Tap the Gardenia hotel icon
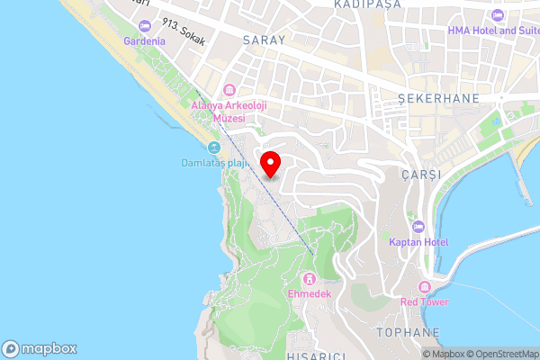coord(145,27)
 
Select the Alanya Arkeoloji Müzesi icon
coord(229,90)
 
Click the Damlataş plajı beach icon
coord(213,148)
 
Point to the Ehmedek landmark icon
coord(310,278)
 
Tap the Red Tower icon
coord(427,287)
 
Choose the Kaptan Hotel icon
coord(417,226)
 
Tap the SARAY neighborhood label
coord(264,40)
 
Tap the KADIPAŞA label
coord(364,4)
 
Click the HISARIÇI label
coord(314,355)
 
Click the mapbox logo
coord(40,348)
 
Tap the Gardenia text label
coord(145,41)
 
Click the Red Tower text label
coord(426,302)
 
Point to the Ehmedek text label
coord(310,294)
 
